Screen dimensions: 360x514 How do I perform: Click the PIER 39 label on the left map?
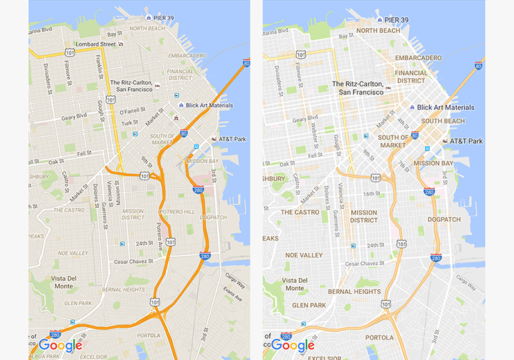(164, 19)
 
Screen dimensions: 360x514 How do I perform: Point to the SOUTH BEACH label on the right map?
(443, 121)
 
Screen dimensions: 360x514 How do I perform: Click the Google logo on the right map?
(293, 345)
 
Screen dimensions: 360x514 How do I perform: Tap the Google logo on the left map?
(60, 345)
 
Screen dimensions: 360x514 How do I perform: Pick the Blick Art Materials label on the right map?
(445, 107)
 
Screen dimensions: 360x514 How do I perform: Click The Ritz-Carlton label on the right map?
(357, 88)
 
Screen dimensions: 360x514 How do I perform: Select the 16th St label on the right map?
(372, 194)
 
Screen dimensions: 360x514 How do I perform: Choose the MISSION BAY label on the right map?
(434, 163)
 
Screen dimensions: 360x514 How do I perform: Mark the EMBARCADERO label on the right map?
(418, 58)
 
